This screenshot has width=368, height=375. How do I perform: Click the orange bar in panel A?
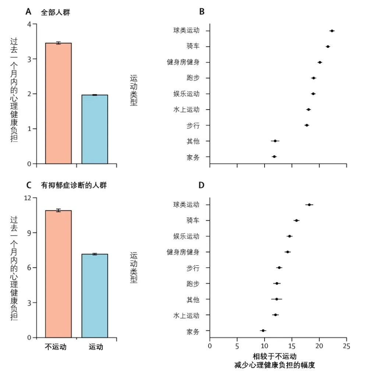point(58,103)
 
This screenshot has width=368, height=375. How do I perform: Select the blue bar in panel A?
point(95,129)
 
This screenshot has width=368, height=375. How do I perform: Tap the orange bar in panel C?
point(58,274)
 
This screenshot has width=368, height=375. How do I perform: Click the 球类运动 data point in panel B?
point(332,31)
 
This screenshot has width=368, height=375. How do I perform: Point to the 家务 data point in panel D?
point(263,331)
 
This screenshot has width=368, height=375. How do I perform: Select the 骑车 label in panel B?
point(193,47)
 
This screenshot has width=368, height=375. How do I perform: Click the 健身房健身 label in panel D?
point(183,252)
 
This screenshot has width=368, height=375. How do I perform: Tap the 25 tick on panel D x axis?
point(346,346)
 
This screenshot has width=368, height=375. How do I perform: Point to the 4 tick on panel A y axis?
point(30,24)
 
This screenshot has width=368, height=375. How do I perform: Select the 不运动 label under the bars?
point(56,347)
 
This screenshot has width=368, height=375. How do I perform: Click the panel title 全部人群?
point(56,12)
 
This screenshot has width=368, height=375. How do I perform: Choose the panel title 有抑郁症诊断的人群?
point(74,185)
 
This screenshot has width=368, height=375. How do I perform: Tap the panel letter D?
point(201,185)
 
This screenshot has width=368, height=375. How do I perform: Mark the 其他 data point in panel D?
point(277,299)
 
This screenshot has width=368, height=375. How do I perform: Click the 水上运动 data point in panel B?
point(308,110)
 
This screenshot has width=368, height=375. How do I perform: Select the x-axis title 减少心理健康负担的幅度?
point(275,365)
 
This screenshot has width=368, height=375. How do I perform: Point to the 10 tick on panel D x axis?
point(264,346)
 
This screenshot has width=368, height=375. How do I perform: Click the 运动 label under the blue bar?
point(96,347)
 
